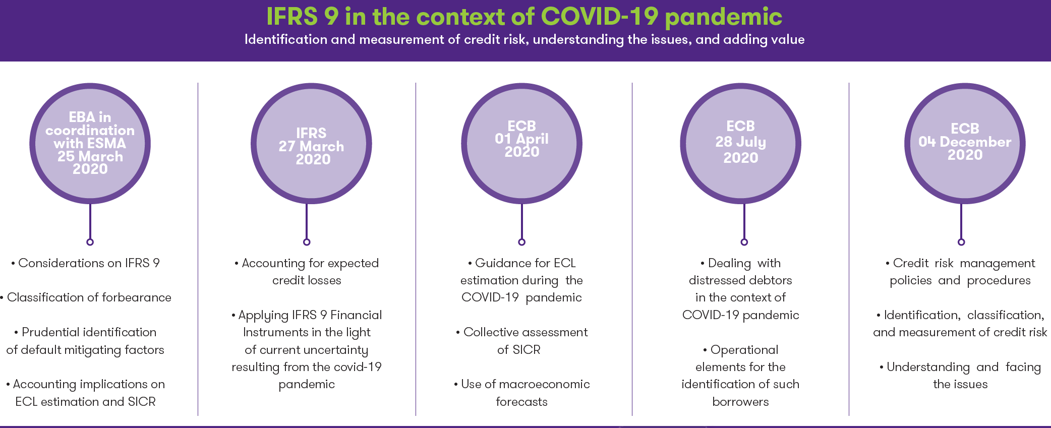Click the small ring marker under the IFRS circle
click(x=307, y=242)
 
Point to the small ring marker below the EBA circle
click(x=90, y=242)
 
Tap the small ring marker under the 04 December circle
click(x=961, y=242)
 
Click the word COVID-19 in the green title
click(x=600, y=16)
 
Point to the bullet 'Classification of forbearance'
click(x=86, y=297)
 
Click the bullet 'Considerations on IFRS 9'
click(x=85, y=263)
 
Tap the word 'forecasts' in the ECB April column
click(x=521, y=402)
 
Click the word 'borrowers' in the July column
click(x=740, y=402)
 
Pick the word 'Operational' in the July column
click(x=744, y=350)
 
